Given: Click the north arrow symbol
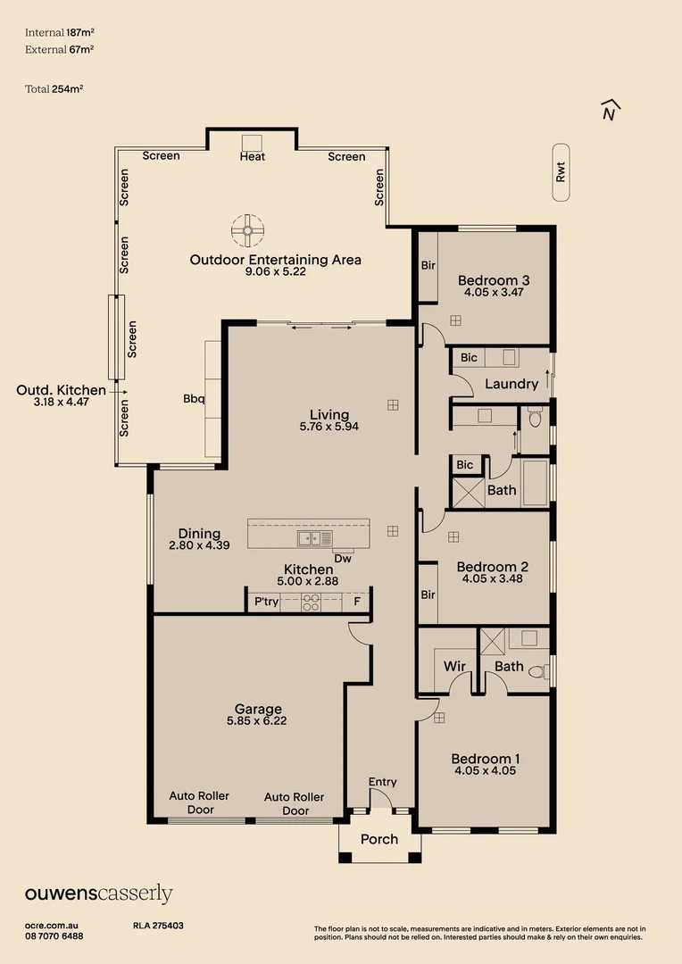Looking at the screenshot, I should tap(611, 110).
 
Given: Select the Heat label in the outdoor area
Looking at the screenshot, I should tap(252, 156).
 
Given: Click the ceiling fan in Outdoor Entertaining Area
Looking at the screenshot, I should tap(245, 230).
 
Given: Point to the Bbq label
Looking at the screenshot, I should tap(194, 399).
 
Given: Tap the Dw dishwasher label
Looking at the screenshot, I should tap(343, 559).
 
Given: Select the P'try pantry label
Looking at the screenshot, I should tap(266, 602).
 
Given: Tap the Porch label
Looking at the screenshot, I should tap(379, 839).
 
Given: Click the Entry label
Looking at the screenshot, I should tap(382, 782).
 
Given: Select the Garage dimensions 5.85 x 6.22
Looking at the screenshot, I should tap(256, 720).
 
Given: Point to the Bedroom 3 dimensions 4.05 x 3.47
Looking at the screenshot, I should tap(494, 292).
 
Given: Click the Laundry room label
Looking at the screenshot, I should tap(511, 384).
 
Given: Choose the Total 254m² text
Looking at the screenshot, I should tap(54, 88).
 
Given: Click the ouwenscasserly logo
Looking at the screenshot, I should tap(98, 893).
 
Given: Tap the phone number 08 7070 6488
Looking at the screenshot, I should tap(54, 935).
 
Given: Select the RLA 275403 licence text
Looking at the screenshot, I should tap(158, 926).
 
